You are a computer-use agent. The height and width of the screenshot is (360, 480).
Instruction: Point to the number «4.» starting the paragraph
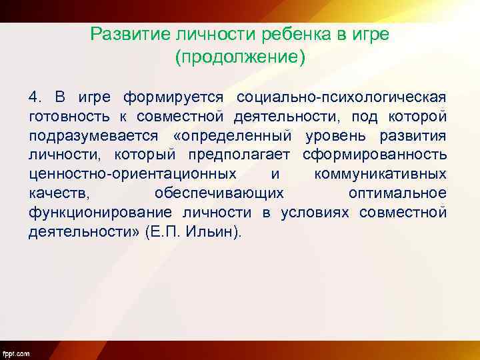pos(35,97)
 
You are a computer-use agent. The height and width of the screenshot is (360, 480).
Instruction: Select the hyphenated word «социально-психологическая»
pos(341,97)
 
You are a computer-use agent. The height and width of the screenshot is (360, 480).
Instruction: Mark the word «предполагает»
pos(246,155)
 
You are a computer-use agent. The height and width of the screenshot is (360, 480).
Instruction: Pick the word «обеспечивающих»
pos(219,194)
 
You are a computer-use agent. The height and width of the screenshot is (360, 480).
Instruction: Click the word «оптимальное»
pos(397,194)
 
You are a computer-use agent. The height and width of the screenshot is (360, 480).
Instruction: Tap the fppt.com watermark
pos(16,353)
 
